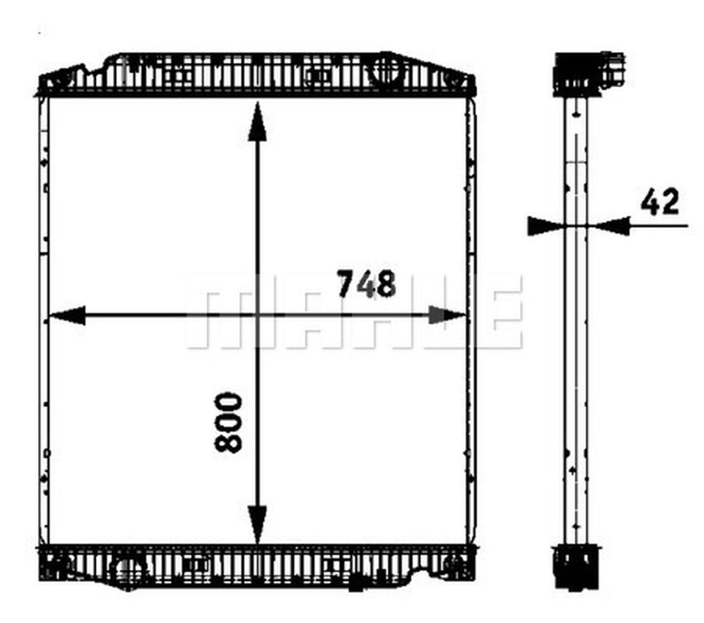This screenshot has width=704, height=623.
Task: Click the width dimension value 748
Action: pyautogui.click(x=366, y=284)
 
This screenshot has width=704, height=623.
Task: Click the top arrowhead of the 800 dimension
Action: pyautogui.click(x=257, y=124)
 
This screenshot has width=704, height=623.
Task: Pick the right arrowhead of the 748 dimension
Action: pyautogui.click(x=447, y=315)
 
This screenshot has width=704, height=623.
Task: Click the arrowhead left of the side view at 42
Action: pyautogui.click(x=544, y=225)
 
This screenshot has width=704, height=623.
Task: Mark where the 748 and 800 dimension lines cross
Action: pyautogui.click(x=257, y=315)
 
